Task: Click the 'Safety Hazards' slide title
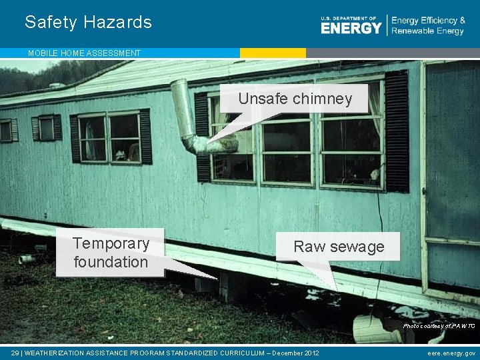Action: [88, 22]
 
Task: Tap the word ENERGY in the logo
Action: [351, 28]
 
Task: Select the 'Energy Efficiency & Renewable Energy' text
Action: [428, 26]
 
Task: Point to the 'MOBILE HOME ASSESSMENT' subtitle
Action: [84, 53]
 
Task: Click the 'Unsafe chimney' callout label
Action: [295, 99]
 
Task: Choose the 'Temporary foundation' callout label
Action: [111, 253]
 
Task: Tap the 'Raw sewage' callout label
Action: [339, 247]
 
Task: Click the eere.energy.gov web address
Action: [451, 353]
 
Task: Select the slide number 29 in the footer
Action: [15, 353]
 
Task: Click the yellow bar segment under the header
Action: [273, 53]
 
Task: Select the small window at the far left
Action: [6, 130]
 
